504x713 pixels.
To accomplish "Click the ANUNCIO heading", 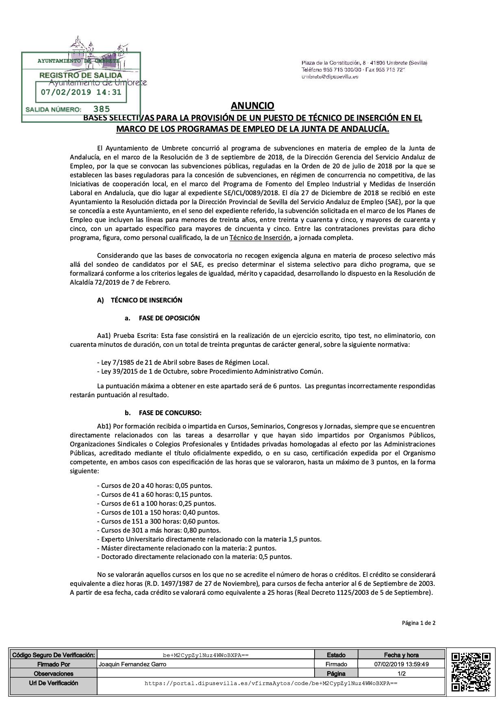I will [x=252, y=106].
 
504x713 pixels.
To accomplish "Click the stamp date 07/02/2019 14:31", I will [x=81, y=92].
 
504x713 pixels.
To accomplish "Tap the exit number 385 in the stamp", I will [x=101, y=109].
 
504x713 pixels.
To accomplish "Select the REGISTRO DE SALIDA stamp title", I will [x=80, y=75].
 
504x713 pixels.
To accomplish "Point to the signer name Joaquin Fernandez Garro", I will [x=133, y=664].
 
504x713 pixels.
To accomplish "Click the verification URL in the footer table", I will [x=271, y=683].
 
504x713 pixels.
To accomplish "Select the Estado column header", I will [x=336, y=655].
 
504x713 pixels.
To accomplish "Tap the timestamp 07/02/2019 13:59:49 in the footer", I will [x=402, y=664].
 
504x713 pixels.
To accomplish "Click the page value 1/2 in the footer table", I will [x=402, y=674].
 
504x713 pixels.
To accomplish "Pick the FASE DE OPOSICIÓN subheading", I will [x=169, y=318].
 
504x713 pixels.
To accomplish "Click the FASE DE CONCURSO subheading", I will [x=170, y=413].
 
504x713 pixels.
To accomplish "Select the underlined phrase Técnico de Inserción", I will [x=260, y=238].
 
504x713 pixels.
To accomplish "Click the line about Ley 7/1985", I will [x=183, y=362].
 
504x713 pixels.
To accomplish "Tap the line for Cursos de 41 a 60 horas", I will [x=154, y=495].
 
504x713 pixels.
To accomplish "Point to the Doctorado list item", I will [x=194, y=557].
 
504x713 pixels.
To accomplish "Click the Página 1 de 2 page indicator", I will [x=419, y=623].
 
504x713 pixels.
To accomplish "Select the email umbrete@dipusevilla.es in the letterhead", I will [x=330, y=76].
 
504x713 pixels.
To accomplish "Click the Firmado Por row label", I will [x=54, y=664].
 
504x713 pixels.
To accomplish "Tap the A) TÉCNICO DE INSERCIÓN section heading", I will [x=140, y=300].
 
